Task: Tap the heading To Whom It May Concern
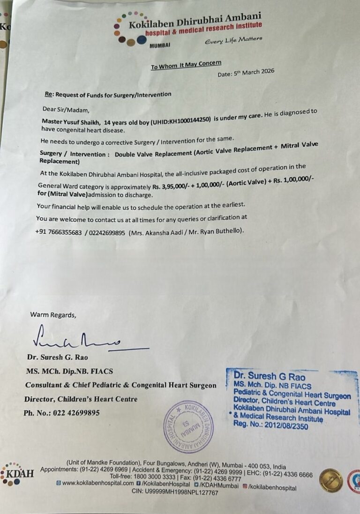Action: pos(186,65)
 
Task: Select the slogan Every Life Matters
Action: pos(233,40)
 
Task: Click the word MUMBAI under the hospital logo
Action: pos(159,45)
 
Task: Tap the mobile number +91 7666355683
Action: pos(58,232)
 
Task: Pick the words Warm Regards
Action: pos(52,314)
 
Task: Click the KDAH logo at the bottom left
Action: pos(18,473)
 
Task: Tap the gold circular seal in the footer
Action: pos(331,481)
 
